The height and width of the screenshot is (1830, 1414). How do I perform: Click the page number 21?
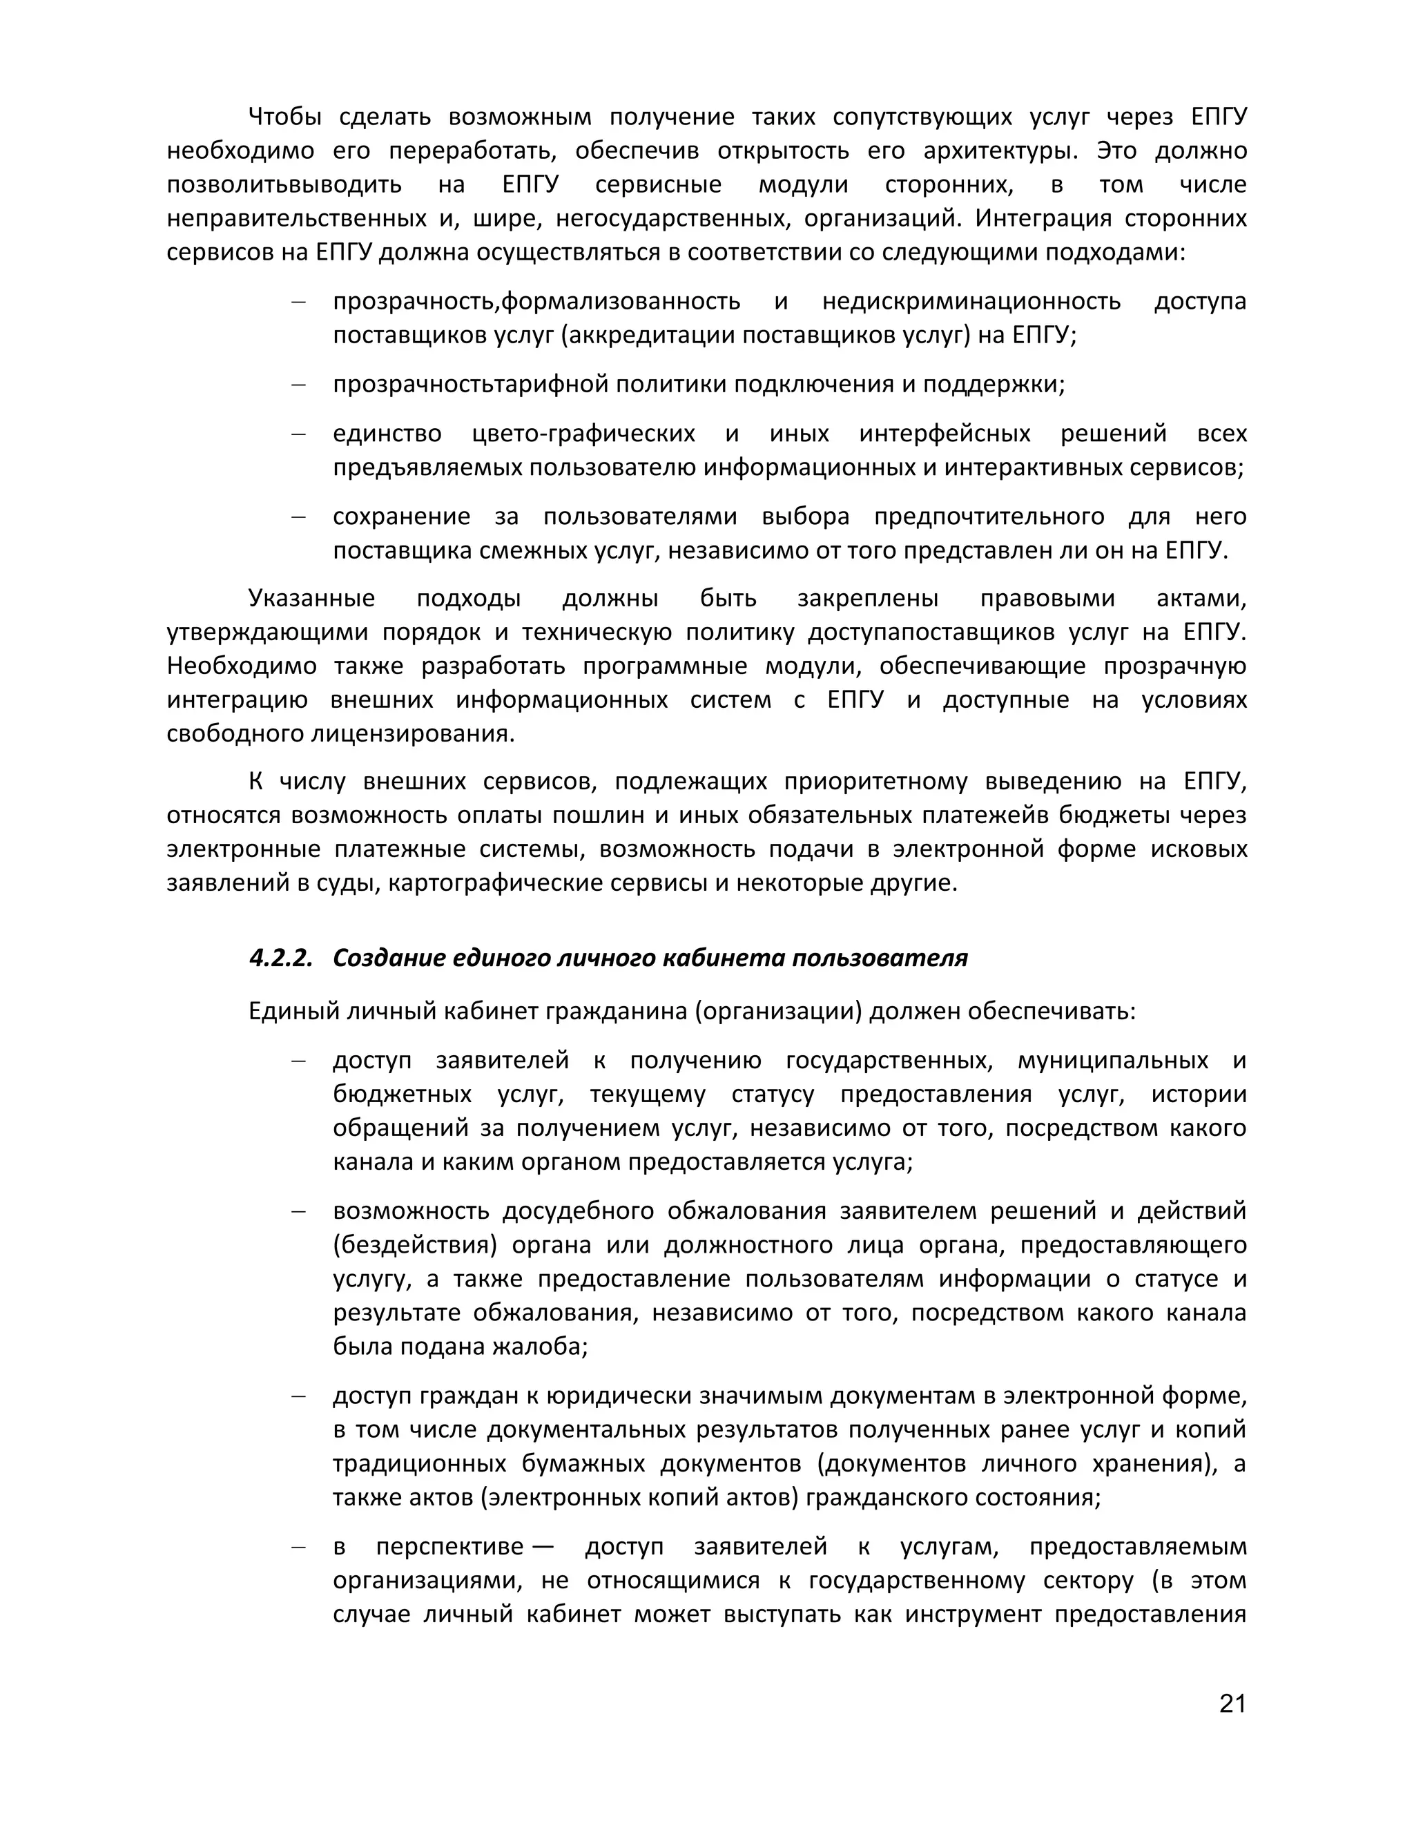tap(1232, 1704)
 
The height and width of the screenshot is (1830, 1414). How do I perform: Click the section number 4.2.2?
tap(280, 958)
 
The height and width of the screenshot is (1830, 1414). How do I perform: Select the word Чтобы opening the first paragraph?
tap(285, 117)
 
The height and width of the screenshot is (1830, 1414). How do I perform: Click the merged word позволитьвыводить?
tap(284, 184)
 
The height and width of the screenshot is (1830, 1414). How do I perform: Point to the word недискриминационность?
tap(971, 301)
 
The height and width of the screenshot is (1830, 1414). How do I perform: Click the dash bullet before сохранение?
tap(298, 516)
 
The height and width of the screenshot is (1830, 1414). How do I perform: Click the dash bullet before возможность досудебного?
tap(298, 1211)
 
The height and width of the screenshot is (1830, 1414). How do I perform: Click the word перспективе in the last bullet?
tap(449, 1547)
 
